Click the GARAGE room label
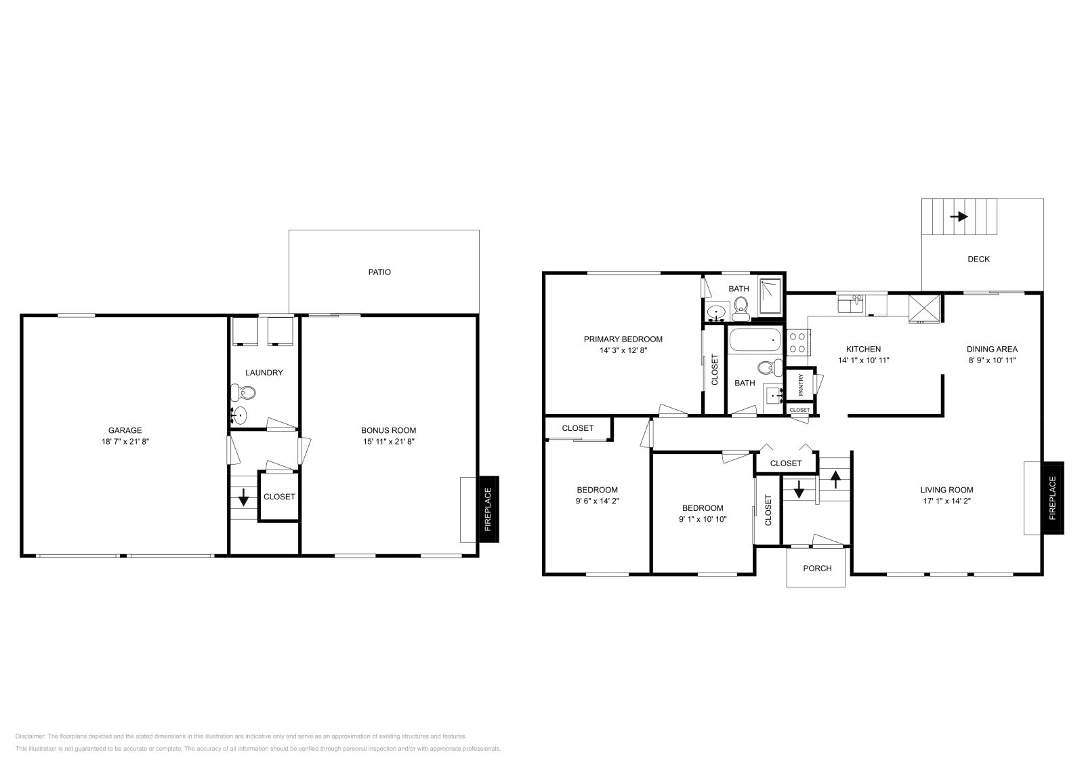(x=125, y=430)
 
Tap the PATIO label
(x=379, y=272)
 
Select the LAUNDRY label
(x=264, y=373)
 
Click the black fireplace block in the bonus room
(x=489, y=510)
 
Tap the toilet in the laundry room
(x=245, y=392)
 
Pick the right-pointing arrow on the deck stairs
(x=959, y=217)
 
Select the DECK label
(x=978, y=259)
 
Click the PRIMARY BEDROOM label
(x=623, y=339)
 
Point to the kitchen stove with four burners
(x=797, y=341)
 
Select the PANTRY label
(x=801, y=385)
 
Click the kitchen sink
(x=852, y=302)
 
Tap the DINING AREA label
(x=992, y=350)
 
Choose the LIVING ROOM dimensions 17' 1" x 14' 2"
(x=946, y=501)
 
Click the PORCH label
(x=817, y=568)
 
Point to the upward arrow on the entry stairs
(x=835, y=480)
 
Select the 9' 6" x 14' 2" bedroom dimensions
(x=597, y=501)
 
